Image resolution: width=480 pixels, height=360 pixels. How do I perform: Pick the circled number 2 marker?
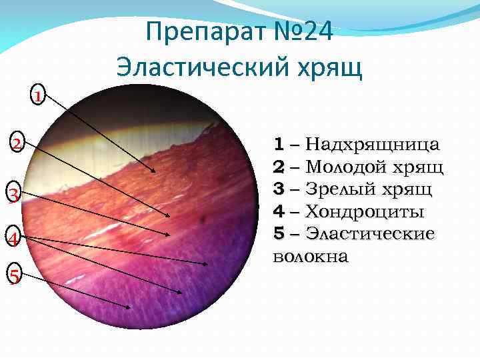pos(16,143)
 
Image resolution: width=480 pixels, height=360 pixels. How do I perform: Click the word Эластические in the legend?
pos(370,234)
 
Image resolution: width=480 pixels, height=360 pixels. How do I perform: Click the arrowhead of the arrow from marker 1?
pos(156,172)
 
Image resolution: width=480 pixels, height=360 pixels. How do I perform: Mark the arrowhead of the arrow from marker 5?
pos(129,307)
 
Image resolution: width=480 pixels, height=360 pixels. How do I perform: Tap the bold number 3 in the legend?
pos(279,190)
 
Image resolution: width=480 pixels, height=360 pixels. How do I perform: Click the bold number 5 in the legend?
pos(279,234)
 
